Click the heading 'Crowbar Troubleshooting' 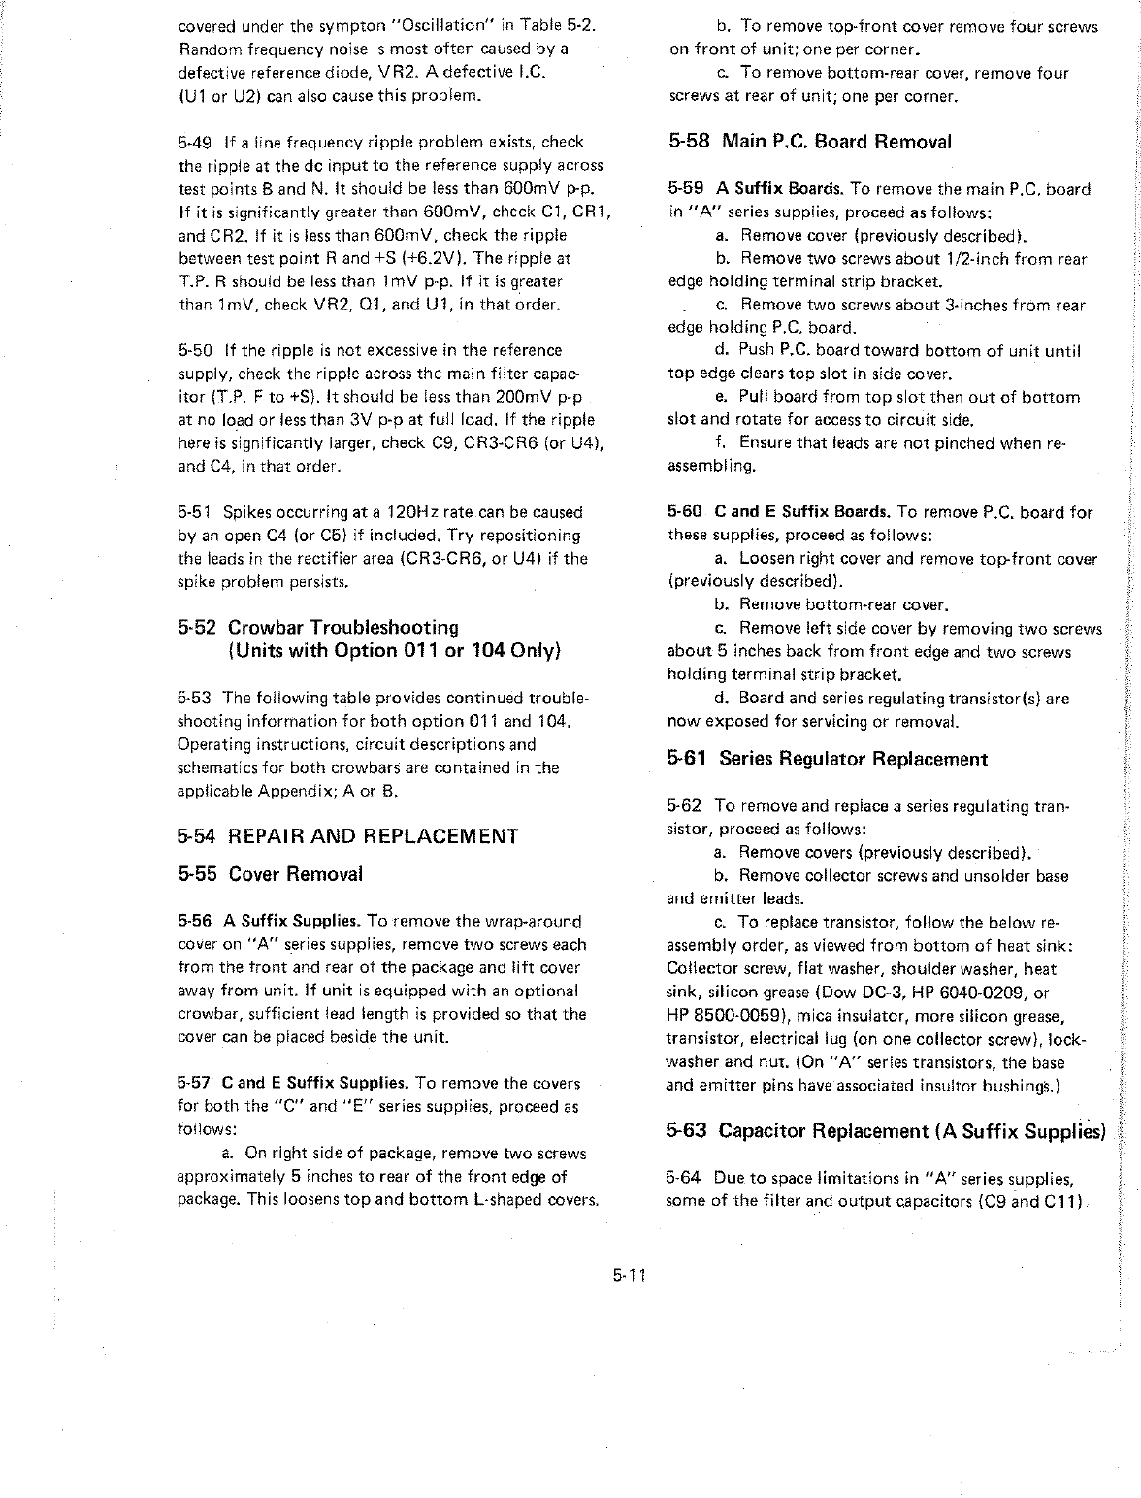(343, 627)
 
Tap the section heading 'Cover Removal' (296, 874)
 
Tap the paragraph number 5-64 (684, 1179)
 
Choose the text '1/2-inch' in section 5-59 (985, 259)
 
